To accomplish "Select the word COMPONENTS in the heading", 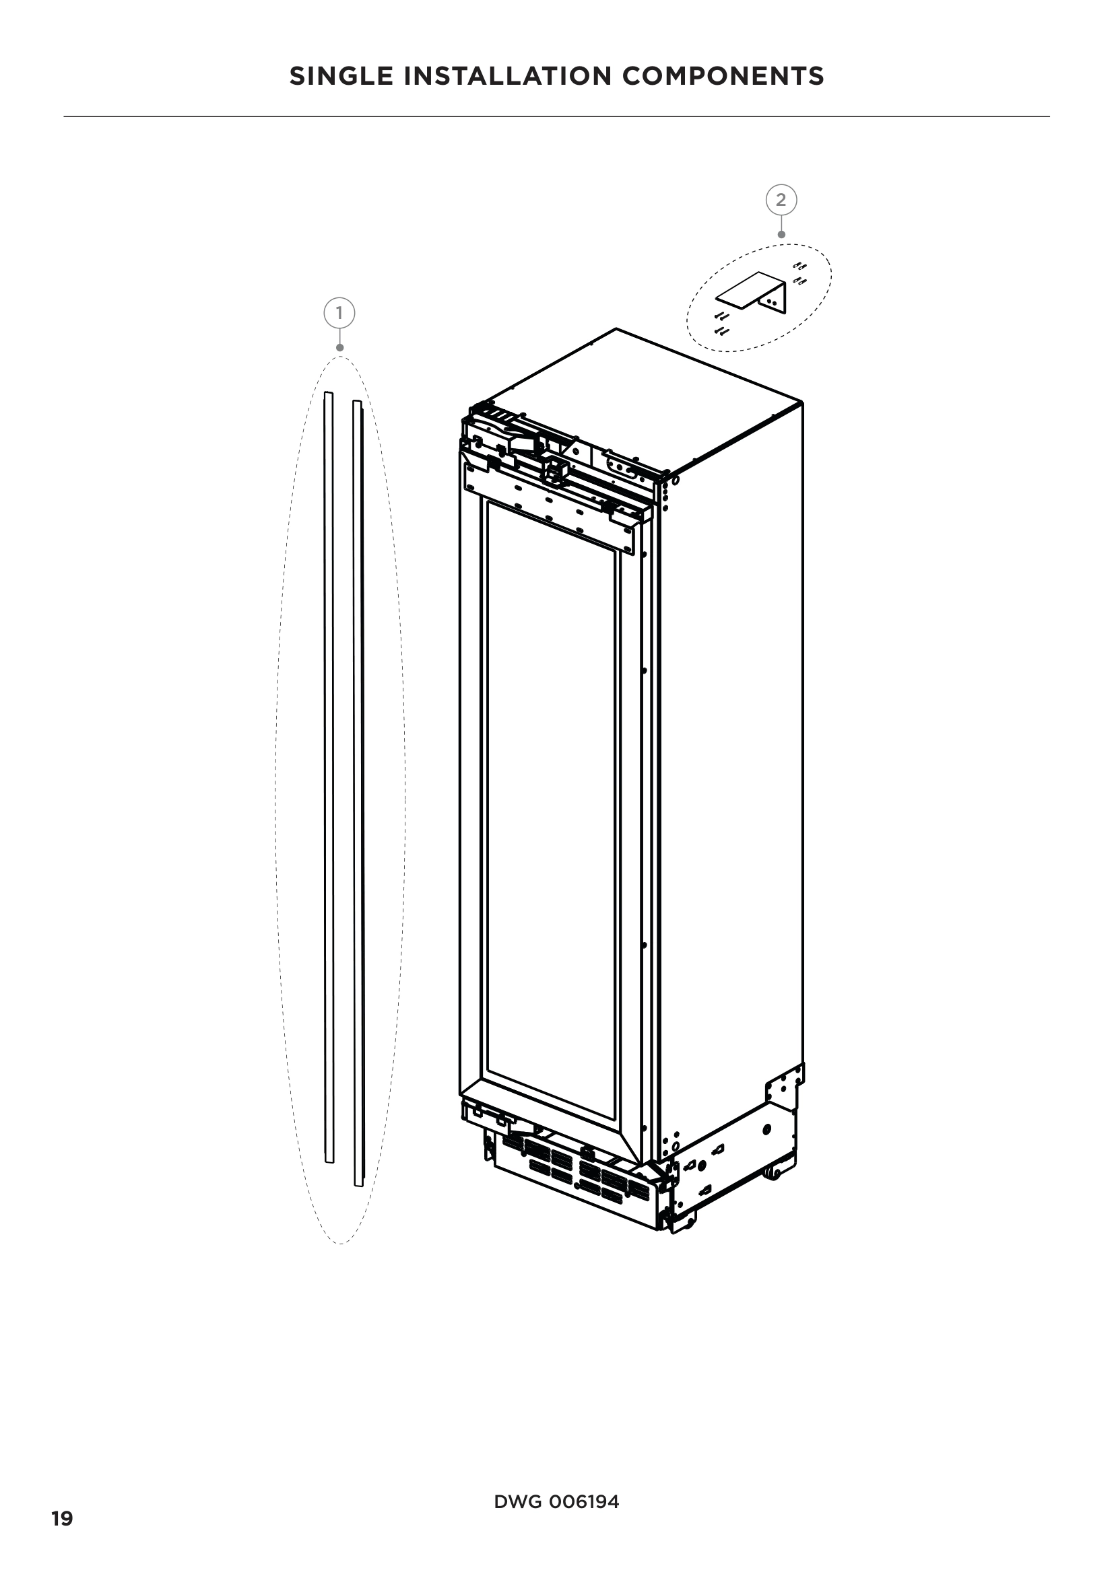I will coord(723,76).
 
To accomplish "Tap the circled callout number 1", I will coord(339,314).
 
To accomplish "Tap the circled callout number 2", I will coord(781,200).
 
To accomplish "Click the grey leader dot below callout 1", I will coord(339,347).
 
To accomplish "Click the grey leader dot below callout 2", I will coord(781,234).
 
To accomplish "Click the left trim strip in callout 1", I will coord(329,775).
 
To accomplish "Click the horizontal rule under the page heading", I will coord(556,117).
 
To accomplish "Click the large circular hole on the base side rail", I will coord(767,1129).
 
